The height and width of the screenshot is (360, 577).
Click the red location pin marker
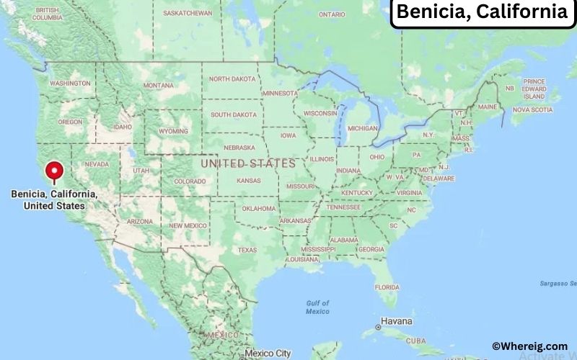[x=54, y=172]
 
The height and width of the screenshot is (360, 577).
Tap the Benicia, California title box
[x=483, y=12]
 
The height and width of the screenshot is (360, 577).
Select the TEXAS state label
[x=247, y=250]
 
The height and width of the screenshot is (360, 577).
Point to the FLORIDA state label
[x=387, y=287]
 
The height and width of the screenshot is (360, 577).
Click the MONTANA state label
[x=158, y=85]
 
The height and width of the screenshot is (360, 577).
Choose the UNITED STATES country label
[x=248, y=163]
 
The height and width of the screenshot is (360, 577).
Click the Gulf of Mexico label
[x=317, y=307]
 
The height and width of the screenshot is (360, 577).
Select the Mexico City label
[x=268, y=354]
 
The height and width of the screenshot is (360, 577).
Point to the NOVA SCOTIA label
[x=533, y=110]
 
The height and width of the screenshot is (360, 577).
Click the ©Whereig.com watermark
[x=529, y=346]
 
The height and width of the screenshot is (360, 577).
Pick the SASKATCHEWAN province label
[x=188, y=13]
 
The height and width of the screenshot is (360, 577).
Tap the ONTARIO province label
[x=332, y=14]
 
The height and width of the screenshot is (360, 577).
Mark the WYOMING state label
[x=173, y=131]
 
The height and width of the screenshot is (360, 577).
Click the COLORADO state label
[x=189, y=181]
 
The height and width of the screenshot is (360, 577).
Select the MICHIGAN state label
[x=362, y=128]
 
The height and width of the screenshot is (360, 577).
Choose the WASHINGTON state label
[x=70, y=84]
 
